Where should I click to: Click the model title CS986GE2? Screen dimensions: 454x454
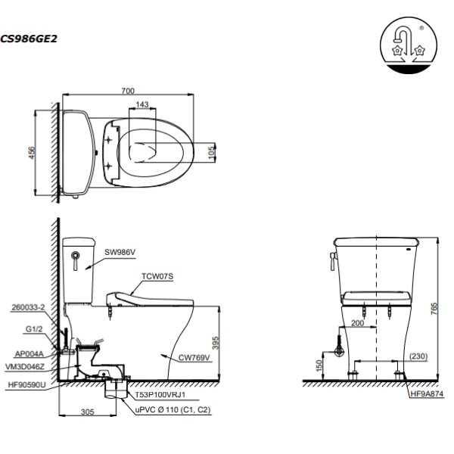point(29,39)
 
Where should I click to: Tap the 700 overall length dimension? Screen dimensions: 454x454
point(128,91)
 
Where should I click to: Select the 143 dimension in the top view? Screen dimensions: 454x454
point(142,104)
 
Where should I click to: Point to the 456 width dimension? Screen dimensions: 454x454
point(32,153)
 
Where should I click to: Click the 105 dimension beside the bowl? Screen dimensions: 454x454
point(212,152)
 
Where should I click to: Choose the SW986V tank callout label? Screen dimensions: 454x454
point(120,252)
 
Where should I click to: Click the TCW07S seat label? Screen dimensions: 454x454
point(157,276)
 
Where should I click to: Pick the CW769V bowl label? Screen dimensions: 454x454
point(194,358)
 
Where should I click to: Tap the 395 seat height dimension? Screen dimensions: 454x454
point(216,343)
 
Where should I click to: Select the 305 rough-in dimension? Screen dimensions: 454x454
point(88,412)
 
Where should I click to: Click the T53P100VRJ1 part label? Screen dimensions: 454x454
point(160,395)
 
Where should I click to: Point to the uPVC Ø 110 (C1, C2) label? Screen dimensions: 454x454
point(173,410)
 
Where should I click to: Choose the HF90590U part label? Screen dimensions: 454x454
point(26,385)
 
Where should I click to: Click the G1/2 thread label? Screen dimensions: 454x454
point(34,329)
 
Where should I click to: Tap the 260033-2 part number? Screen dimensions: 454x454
point(28,307)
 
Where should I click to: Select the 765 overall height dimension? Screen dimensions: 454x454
point(434,309)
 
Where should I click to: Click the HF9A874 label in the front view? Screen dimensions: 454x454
point(427,393)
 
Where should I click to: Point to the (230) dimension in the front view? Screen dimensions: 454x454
point(418,356)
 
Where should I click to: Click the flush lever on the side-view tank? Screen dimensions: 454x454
point(76,260)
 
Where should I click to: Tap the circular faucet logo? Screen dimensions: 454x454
point(409,45)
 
